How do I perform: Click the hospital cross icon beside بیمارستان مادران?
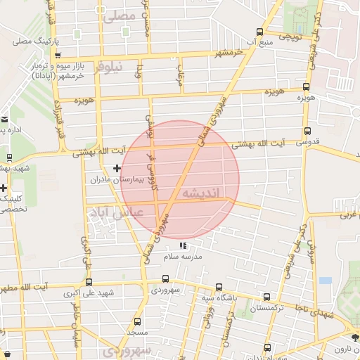117,167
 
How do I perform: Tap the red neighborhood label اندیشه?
200,193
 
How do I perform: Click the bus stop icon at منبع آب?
259,32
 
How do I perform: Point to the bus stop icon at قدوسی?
307,130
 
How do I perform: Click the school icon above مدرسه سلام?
184,246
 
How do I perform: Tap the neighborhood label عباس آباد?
115,211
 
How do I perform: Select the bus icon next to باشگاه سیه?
218,287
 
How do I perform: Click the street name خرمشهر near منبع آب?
229,52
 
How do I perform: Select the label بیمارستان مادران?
116,180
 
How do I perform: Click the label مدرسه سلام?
202,257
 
